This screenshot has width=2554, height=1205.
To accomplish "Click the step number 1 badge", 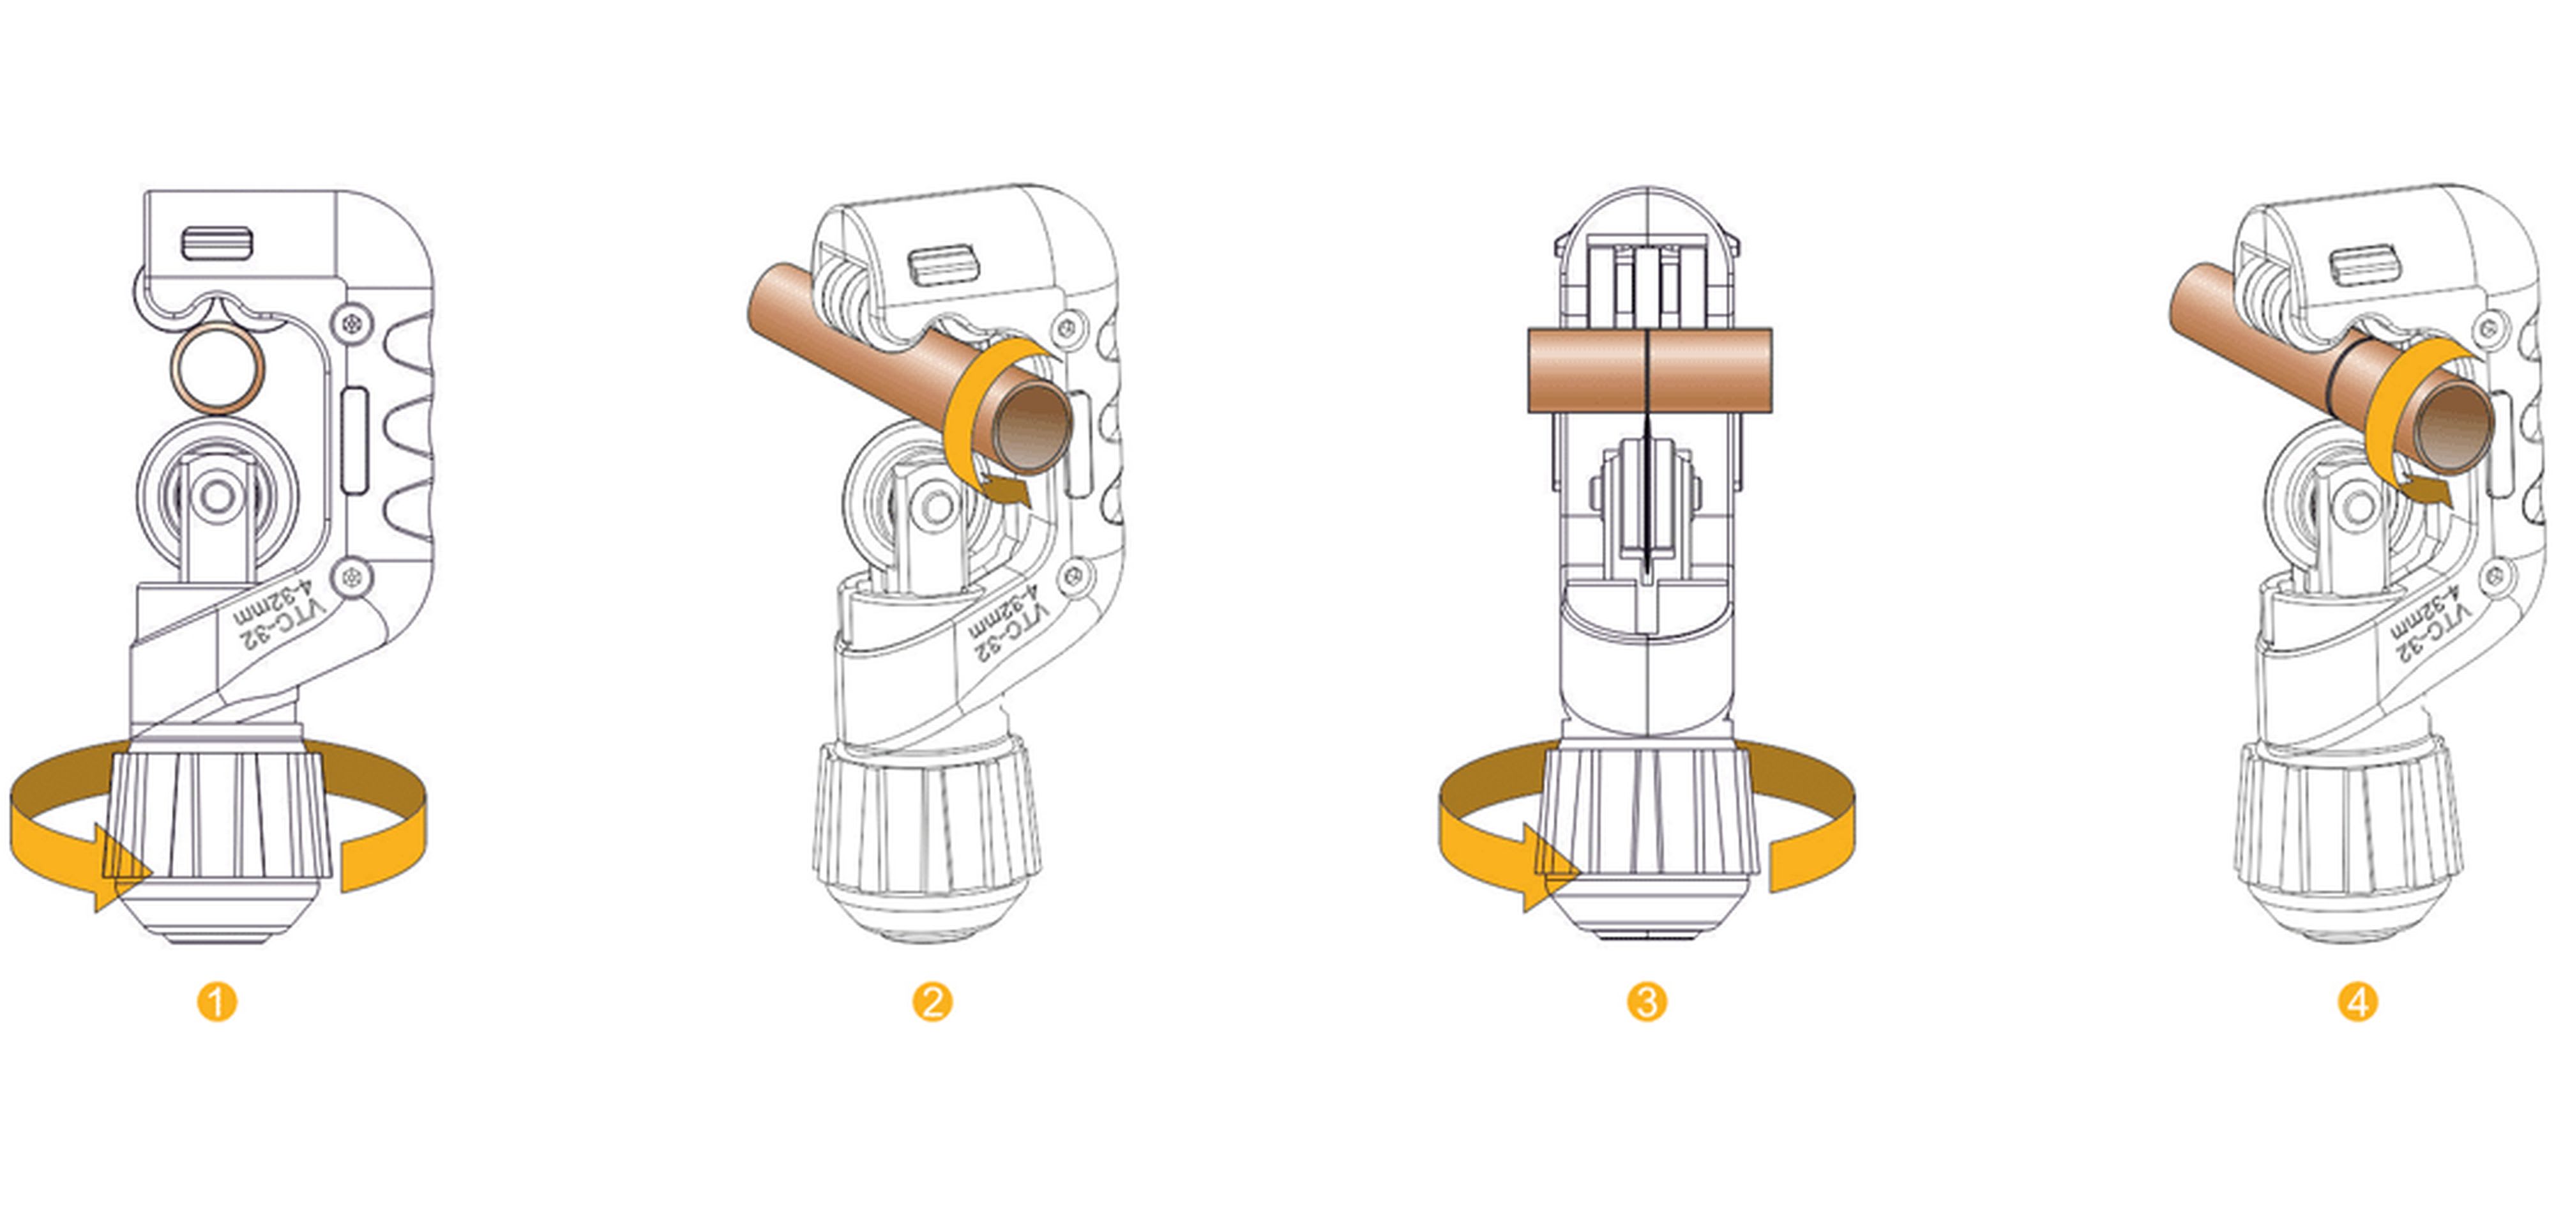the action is click(x=217, y=1002).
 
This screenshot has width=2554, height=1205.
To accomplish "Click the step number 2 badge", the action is click(x=932, y=1002).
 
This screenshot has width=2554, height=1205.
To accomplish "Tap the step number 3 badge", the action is click(x=1647, y=1002).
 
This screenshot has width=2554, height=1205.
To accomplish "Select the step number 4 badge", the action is click(x=2358, y=1002).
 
